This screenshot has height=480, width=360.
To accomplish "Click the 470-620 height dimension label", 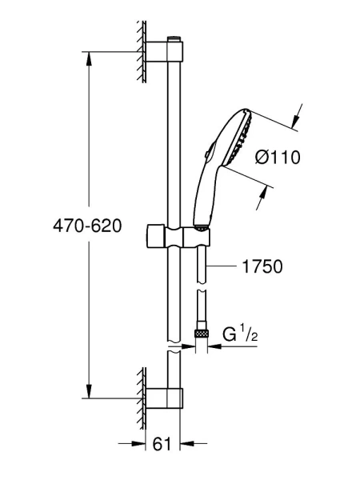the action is [x=87, y=226].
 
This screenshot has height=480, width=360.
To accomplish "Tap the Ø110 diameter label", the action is [x=278, y=158].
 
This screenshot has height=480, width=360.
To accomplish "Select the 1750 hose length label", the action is [x=262, y=266].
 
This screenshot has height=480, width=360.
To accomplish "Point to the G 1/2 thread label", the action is [x=240, y=334].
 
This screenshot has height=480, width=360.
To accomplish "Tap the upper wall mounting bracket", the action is [x=165, y=51].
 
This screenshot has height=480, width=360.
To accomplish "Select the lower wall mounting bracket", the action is [x=165, y=398].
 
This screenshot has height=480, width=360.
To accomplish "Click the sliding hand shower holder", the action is [x=178, y=236].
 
